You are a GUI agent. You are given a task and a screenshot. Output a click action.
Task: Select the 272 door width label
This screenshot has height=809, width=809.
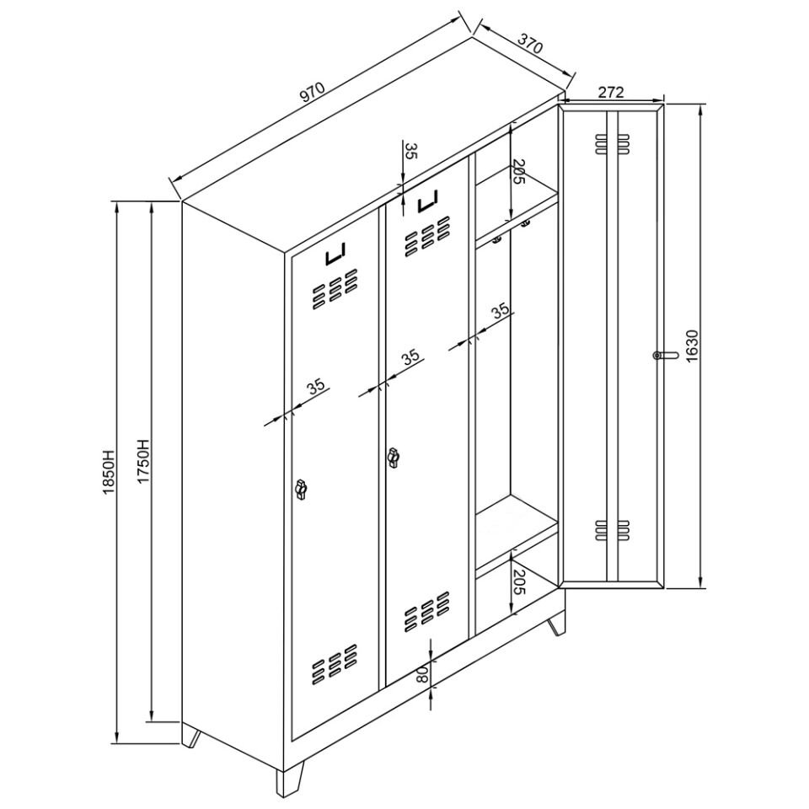[x=611, y=92]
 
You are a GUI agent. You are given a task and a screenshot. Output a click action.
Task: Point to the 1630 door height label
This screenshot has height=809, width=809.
[x=692, y=346]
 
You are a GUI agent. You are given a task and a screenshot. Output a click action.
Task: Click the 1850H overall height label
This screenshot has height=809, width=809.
[x=109, y=473]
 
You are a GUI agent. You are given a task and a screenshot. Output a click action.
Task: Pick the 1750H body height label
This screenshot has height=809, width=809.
[x=143, y=461]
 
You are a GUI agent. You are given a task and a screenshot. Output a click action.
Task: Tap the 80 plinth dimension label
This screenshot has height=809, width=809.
[x=421, y=674]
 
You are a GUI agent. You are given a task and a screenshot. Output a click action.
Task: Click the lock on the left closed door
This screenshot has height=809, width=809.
[x=300, y=489]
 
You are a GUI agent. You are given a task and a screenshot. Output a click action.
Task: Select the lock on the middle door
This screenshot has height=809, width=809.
[x=394, y=458]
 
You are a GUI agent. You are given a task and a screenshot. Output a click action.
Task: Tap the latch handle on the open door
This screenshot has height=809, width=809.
[x=666, y=355]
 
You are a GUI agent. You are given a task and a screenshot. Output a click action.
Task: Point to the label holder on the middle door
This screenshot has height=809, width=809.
[x=428, y=201]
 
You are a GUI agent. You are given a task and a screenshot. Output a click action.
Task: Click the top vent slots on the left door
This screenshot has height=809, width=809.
[x=335, y=289]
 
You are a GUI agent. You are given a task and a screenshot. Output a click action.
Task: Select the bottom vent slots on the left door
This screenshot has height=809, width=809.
[x=335, y=665]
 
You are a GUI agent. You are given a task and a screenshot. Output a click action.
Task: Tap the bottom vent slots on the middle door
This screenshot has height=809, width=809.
[x=427, y=612]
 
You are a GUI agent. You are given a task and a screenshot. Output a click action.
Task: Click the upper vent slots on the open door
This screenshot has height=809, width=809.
[x=612, y=144]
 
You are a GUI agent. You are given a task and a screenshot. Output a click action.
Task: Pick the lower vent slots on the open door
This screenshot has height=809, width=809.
[x=612, y=530]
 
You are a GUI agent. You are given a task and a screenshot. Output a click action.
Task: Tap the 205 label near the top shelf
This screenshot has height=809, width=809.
[x=518, y=172]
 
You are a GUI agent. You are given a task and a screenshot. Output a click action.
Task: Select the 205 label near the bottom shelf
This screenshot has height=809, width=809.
[x=518, y=582]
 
